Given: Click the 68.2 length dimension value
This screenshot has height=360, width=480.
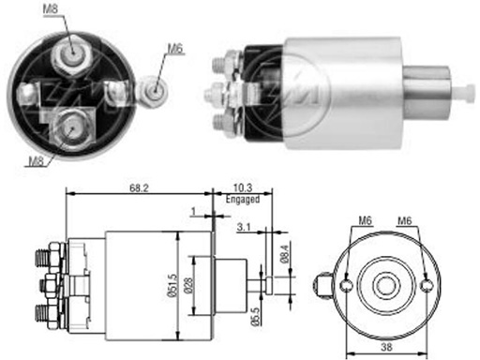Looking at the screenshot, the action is tap(139, 188).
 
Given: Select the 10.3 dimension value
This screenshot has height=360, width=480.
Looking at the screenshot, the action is tap(243, 187).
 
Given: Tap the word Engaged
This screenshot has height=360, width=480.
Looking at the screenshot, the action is tap(243, 199).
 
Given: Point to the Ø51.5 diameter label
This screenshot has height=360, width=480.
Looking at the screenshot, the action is tap(173, 285).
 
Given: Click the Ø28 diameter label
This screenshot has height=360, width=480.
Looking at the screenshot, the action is tap(188, 285).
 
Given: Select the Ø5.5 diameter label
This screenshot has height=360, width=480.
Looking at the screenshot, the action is tap(255, 317).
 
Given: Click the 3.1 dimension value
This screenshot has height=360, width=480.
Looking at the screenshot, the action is tap(244, 227).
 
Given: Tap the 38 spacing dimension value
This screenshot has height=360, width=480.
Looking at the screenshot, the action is tap(386, 347).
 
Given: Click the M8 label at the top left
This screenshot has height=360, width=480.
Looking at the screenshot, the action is tap(51, 8).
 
